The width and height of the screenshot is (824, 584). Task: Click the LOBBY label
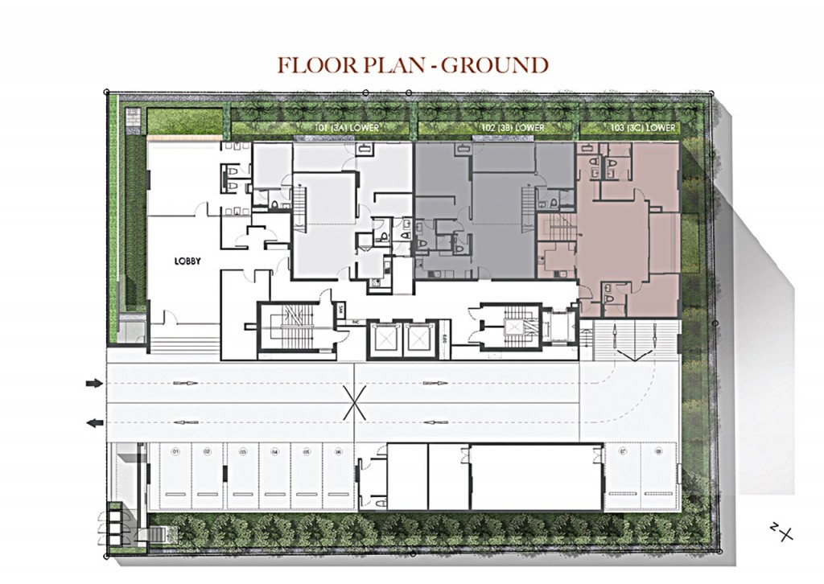click(187, 261)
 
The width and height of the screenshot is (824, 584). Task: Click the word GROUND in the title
click(496, 65)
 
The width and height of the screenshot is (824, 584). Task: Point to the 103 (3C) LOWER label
click(643, 128)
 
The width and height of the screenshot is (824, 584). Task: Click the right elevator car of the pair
click(418, 339)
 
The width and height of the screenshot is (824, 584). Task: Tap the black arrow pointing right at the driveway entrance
click(94, 384)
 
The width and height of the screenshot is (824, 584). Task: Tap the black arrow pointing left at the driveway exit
click(94, 422)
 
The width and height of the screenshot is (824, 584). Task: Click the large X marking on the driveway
click(354, 402)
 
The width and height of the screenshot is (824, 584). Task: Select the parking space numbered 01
click(175, 476)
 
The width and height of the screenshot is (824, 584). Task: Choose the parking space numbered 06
click(339, 476)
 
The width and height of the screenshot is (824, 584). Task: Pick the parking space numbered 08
click(657, 476)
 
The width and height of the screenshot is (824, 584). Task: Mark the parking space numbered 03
click(241, 476)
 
